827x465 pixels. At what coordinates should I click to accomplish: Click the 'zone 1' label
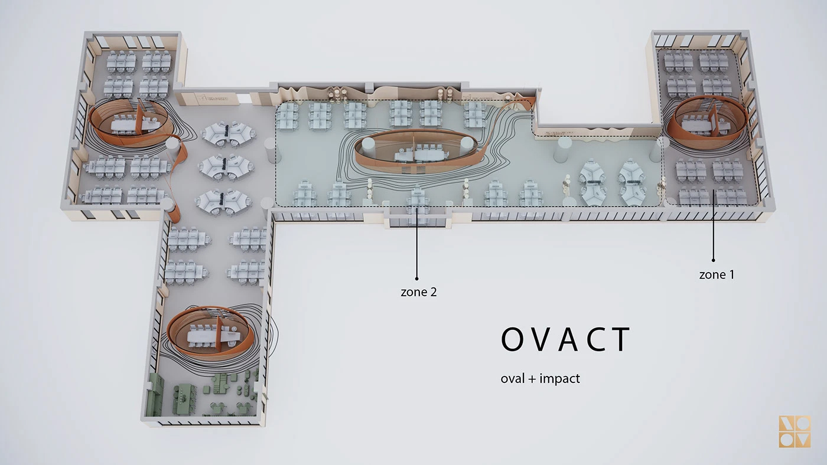click(717, 275)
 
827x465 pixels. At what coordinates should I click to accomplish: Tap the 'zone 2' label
click(419, 292)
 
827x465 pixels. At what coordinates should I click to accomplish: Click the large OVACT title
click(565, 339)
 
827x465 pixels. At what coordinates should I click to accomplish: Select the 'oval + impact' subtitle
click(540, 379)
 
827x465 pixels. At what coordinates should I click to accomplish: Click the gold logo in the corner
click(795, 431)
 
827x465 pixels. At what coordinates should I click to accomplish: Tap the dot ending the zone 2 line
click(417, 279)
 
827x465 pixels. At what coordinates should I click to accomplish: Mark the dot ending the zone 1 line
click(714, 260)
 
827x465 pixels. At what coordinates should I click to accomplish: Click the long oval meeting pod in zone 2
click(415, 150)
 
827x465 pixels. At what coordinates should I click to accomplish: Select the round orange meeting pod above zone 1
click(707, 122)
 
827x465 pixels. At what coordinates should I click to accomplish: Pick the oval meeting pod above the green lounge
click(210, 332)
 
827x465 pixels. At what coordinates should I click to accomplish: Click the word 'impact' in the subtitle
click(560, 379)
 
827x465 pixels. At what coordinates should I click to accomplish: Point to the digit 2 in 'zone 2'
click(433, 292)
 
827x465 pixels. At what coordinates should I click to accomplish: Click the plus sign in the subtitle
click(531, 379)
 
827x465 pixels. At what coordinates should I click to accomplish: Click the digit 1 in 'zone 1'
click(731, 275)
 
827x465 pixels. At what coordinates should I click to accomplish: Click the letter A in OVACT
click(568, 339)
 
